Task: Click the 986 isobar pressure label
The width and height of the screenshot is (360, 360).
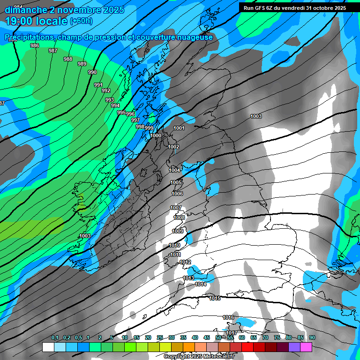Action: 34,45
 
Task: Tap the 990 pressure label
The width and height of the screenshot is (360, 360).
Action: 92,72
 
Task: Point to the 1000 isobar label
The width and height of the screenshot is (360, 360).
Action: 156,135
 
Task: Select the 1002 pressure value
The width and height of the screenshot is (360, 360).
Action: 173,147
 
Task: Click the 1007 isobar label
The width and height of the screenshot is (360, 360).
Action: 176,208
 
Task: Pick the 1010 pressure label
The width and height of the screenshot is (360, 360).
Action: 174,246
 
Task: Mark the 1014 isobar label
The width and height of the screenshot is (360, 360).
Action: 201,285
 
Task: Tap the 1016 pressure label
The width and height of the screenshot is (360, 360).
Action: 228,318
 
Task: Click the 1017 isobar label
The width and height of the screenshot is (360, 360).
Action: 232,333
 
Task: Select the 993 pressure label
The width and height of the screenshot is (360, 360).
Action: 110,100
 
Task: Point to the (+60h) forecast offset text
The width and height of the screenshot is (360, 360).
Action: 81,21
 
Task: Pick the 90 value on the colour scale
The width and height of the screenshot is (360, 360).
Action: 312,338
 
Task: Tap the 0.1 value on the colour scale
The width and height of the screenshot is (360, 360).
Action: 55,338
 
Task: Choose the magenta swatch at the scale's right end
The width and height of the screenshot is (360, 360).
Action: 306,347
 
